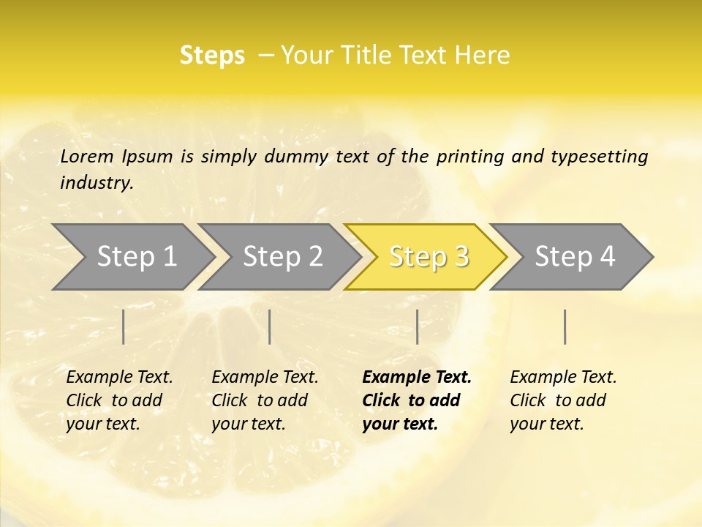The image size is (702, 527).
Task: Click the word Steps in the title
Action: pyautogui.click(x=212, y=56)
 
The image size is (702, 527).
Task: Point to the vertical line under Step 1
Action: pyautogui.click(x=124, y=326)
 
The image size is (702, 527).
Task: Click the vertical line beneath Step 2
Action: pyautogui.click(x=270, y=326)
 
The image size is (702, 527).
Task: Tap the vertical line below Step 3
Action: pyautogui.click(x=417, y=326)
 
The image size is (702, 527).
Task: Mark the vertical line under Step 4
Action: pyautogui.click(x=565, y=326)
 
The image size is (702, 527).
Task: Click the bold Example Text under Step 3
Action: pyautogui.click(x=417, y=378)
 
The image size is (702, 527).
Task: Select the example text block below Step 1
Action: pyautogui.click(x=119, y=400)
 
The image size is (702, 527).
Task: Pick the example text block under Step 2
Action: pyautogui.click(x=265, y=400)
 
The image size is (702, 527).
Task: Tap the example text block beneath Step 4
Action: pyautogui.click(x=563, y=400)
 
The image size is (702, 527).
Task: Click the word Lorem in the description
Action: pyautogui.click(x=87, y=157)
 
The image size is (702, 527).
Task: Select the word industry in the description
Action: pyautogui.click(x=97, y=183)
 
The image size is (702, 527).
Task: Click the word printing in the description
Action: pyautogui.click(x=470, y=157)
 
